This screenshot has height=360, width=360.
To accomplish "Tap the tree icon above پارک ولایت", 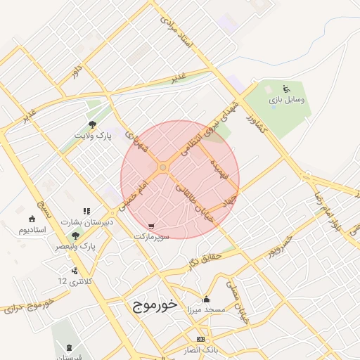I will point(92,124).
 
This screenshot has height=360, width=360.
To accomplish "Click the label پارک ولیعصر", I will point(77,247).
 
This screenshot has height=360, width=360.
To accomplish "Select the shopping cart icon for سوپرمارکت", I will point(152,227).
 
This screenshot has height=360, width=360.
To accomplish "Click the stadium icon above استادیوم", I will point(32,218).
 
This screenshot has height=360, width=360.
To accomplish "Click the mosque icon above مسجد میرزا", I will point(205,298).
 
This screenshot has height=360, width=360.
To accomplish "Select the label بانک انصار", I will point(202,350).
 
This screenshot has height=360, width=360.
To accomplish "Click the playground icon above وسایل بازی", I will point(286,89).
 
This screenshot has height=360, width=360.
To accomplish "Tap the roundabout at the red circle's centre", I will point(163,167).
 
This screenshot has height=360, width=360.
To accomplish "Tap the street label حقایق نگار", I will point(205,260).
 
